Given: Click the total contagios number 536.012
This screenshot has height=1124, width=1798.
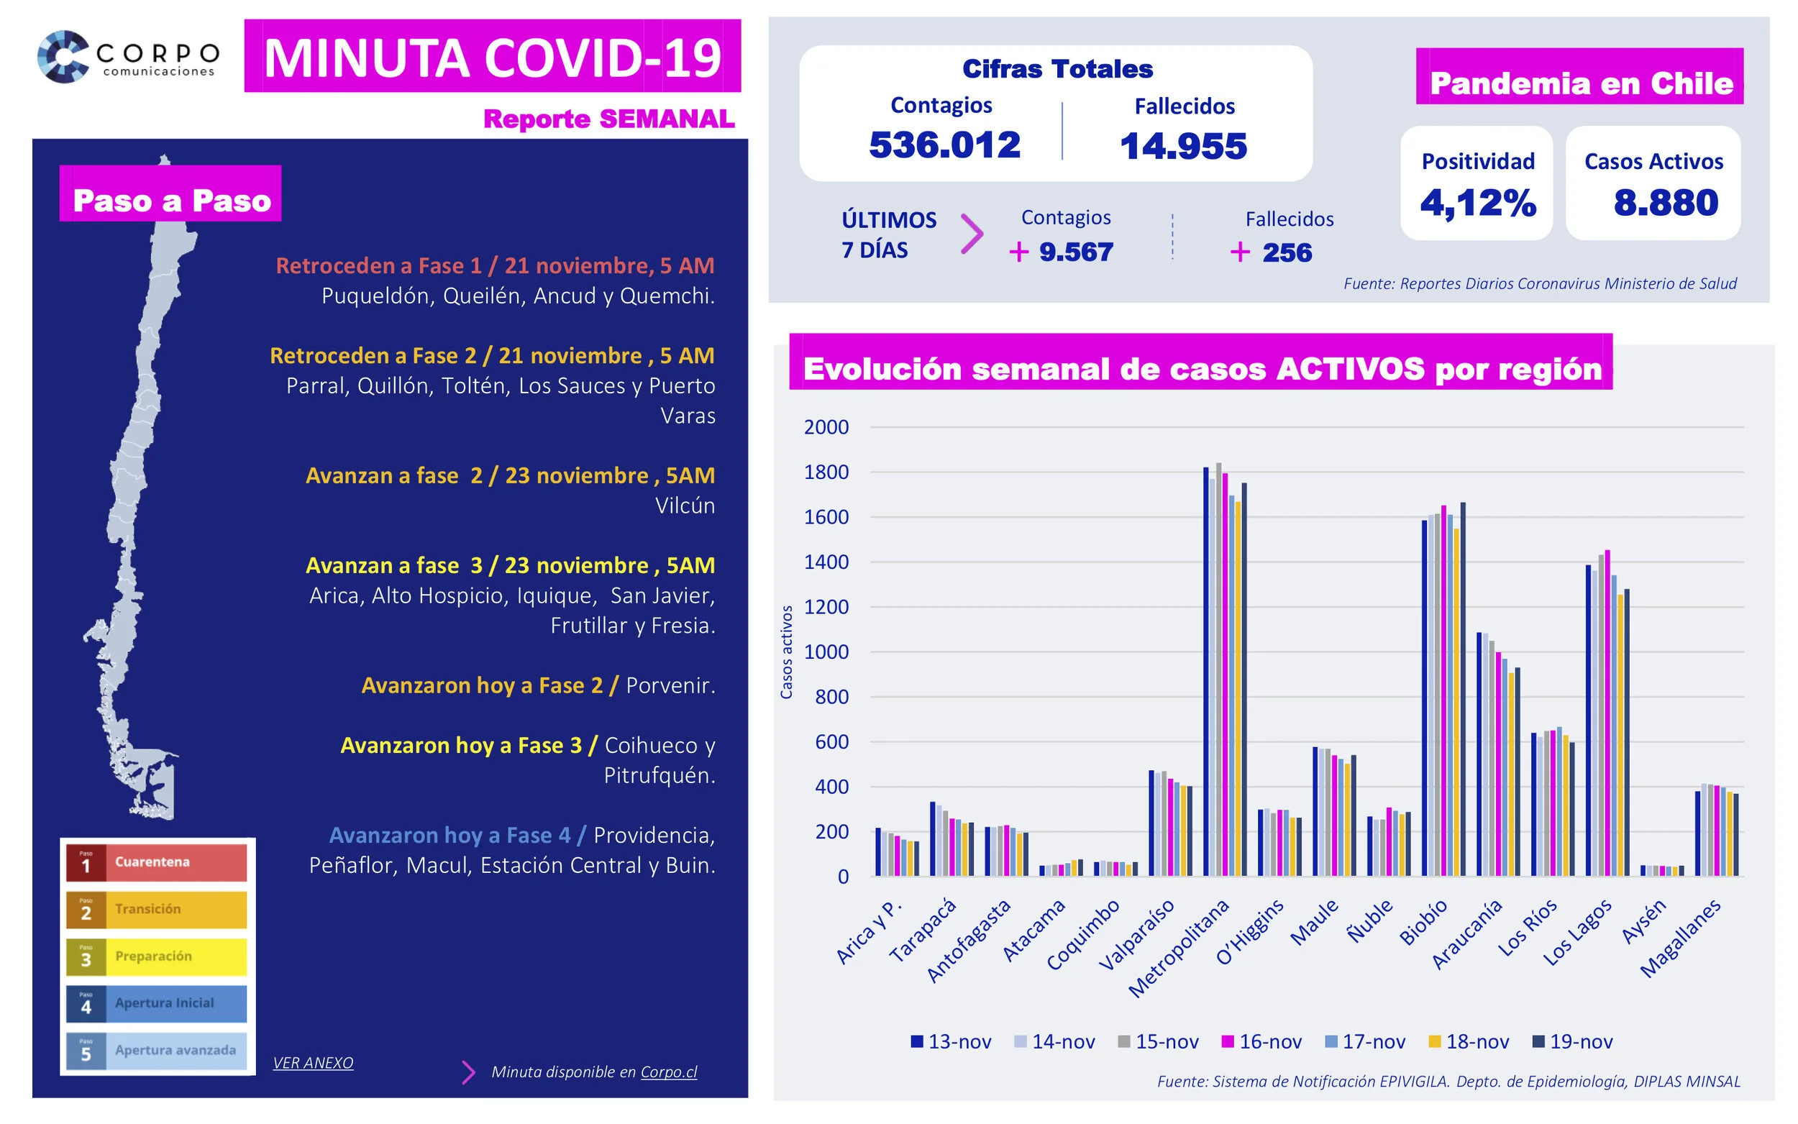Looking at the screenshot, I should (x=944, y=145).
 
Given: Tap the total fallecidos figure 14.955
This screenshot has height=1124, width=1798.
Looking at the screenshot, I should (x=1182, y=146).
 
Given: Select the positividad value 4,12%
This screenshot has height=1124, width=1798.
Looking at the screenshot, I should (x=1477, y=202).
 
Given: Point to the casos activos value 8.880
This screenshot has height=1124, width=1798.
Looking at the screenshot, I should (x=1665, y=202).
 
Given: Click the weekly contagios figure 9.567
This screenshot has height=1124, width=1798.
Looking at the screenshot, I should (x=1074, y=252).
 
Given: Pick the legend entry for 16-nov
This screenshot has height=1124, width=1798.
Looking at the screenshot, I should (x=1261, y=1041).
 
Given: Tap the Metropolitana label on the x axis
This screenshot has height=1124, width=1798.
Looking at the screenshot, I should (x=1178, y=948).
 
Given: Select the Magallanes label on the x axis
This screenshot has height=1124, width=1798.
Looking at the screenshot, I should (x=1680, y=938).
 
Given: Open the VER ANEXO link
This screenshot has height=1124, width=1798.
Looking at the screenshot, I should (x=313, y=1062).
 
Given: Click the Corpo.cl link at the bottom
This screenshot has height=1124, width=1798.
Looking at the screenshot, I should (x=668, y=1072).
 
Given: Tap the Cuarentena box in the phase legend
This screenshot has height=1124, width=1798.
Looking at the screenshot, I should (x=156, y=862).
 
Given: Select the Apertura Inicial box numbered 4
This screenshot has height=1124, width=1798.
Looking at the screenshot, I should (x=156, y=1004).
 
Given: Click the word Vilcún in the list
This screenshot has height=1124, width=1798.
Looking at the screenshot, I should (x=685, y=506).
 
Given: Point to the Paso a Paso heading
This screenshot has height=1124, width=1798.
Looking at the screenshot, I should (x=171, y=201).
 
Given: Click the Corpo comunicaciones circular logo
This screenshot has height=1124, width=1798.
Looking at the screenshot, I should (x=63, y=57).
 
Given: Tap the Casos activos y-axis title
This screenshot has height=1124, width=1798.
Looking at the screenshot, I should (x=785, y=652).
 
